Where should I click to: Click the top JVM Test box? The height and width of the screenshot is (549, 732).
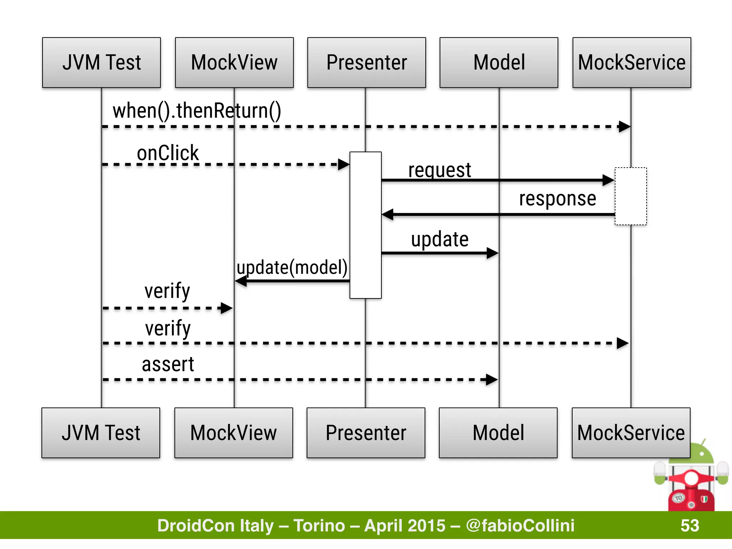[x=102, y=63]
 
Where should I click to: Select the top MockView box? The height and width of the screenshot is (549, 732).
[x=234, y=63]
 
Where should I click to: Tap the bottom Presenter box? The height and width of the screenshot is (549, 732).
[x=366, y=433]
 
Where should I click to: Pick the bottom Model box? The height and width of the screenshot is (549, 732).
[x=498, y=433]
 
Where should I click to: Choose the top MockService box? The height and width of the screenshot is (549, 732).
[x=632, y=63]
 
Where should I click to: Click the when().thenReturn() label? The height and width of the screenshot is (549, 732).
[x=197, y=111]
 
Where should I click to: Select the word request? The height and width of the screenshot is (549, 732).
[x=439, y=170]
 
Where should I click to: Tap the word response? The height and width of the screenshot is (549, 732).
[x=557, y=199]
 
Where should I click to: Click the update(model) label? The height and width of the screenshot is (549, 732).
[x=292, y=268]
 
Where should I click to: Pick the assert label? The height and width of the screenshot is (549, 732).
[x=168, y=365]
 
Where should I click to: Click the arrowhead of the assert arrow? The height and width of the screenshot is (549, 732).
[x=492, y=380]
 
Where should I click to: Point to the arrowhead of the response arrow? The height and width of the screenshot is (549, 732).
[x=388, y=214]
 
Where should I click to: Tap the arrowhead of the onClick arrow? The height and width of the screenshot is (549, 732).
[x=343, y=164]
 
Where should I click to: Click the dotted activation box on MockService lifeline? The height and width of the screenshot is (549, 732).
[x=631, y=196]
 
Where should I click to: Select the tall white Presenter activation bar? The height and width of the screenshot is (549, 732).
[x=365, y=225]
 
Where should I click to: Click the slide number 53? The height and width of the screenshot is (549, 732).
[x=689, y=525]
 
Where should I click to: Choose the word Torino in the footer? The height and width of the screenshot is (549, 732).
[x=319, y=525]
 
